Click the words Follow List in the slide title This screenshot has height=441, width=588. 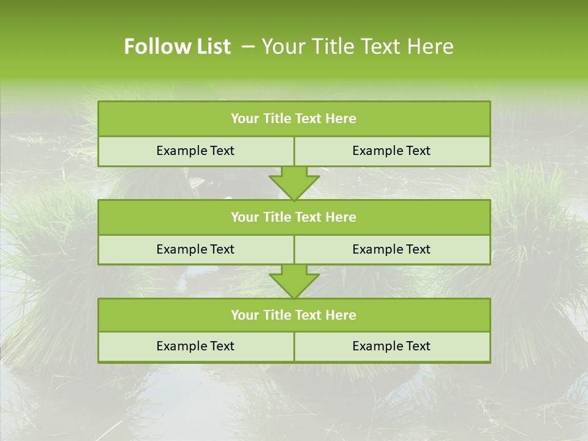point(177,47)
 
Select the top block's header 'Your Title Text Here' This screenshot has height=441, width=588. point(293,119)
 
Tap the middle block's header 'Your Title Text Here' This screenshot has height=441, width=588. point(293,217)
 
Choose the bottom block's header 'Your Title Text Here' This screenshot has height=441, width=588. point(293,315)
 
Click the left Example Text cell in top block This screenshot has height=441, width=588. point(195,151)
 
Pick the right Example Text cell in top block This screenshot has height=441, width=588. point(391,151)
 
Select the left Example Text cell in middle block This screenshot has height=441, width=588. point(195,249)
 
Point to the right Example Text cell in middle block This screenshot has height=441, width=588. point(391,249)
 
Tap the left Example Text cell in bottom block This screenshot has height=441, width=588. point(195,346)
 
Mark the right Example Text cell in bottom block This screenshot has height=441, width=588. point(391,346)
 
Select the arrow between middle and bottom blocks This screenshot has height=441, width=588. point(294,281)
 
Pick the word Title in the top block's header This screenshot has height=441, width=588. point(276,119)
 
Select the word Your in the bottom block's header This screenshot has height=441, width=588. point(244,315)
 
